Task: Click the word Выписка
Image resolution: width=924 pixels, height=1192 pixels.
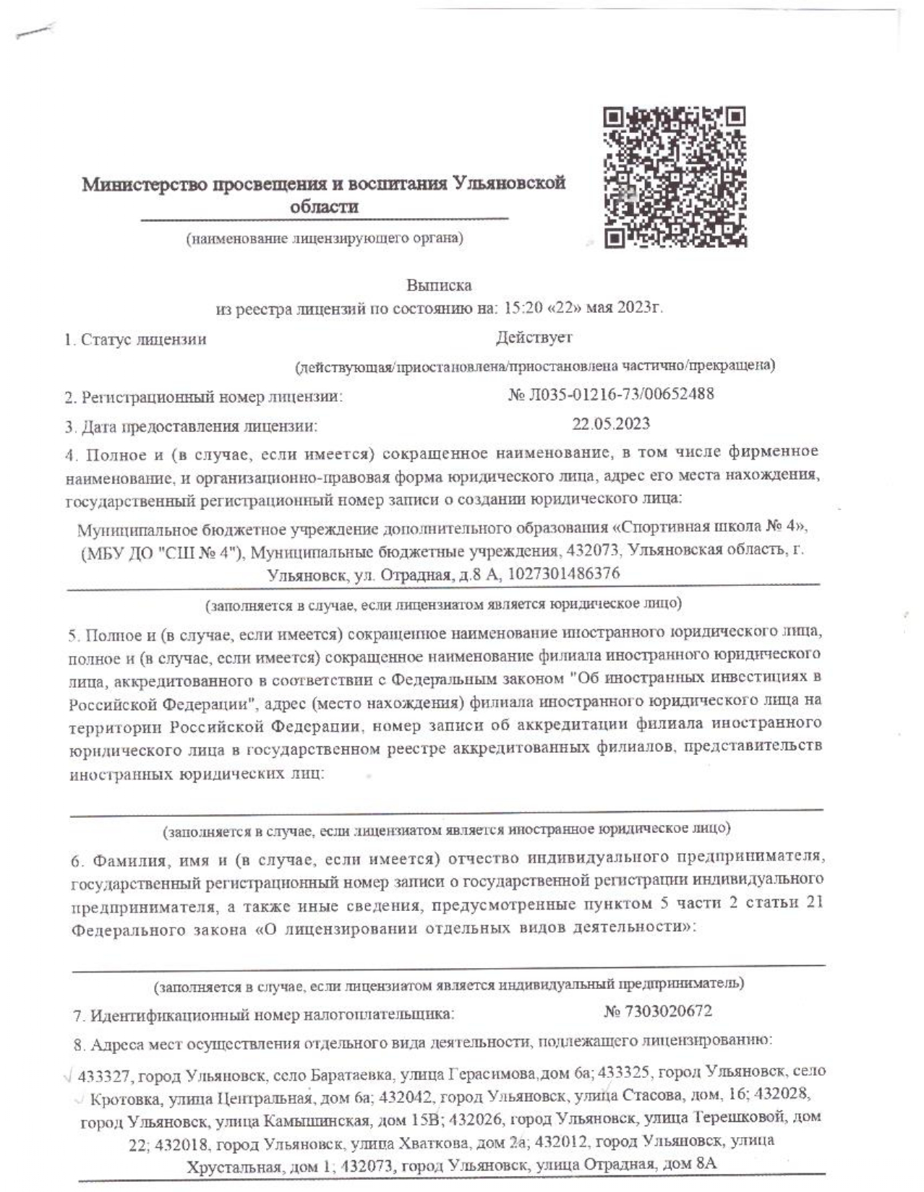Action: (439, 285)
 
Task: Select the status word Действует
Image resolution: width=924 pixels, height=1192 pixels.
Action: (534, 337)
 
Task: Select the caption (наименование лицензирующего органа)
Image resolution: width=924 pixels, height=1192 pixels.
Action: (325, 238)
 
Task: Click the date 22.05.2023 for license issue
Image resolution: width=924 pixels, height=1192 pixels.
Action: (611, 423)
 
